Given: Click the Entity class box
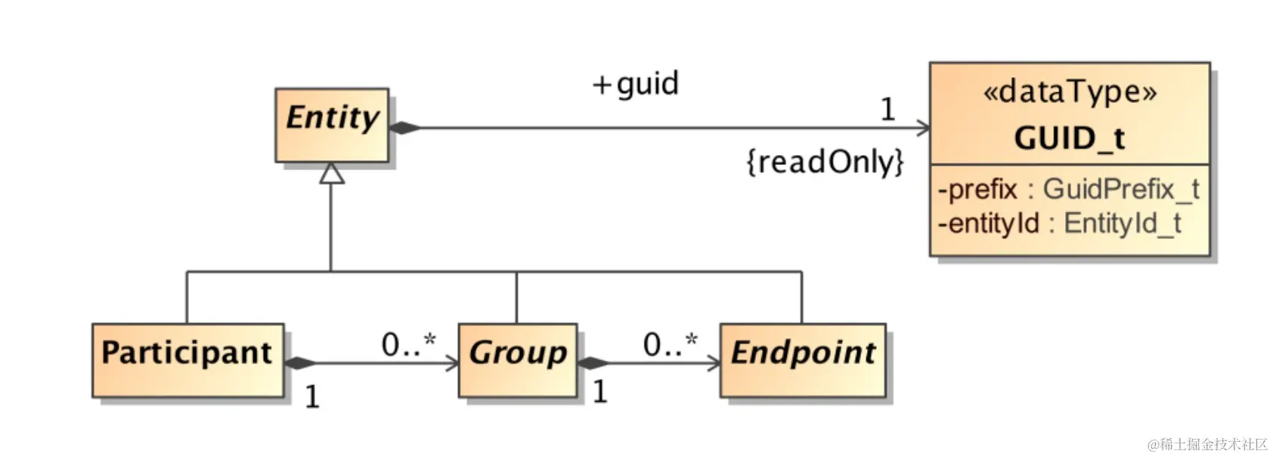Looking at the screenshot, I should click(332, 125).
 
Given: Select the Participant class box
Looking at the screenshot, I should click(187, 360).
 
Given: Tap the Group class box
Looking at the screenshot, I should click(518, 360).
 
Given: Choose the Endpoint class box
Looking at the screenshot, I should click(803, 360).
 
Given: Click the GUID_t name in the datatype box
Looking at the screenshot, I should click(1069, 138).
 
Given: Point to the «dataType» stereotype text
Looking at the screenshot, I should click(1069, 92).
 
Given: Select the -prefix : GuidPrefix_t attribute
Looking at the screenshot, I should click(1067, 189).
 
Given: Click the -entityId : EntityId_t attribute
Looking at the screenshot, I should click(1059, 223).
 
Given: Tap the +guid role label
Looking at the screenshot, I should click(636, 83).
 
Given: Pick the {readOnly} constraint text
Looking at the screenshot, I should click(825, 162).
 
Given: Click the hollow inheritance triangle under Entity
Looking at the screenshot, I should click(331, 174).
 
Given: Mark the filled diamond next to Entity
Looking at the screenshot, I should click(404, 128).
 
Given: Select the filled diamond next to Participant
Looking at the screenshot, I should click(300, 363).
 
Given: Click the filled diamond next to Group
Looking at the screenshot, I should click(593, 363).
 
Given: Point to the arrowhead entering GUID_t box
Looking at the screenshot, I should click(923, 128).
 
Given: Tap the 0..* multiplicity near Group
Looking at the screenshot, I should click(408, 344).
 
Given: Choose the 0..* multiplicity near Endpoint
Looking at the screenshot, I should click(670, 344).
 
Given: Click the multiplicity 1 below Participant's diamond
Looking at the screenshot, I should click(312, 396).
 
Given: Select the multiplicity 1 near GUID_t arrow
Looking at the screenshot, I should click(887, 110).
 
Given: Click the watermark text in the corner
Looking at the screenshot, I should click(1207, 444).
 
